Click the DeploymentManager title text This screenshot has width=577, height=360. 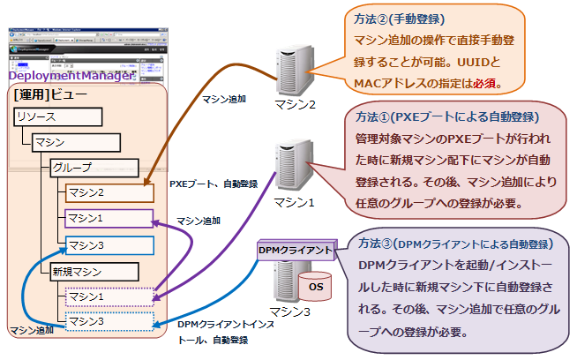(x=71, y=76)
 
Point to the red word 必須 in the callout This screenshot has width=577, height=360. (x=487, y=84)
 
